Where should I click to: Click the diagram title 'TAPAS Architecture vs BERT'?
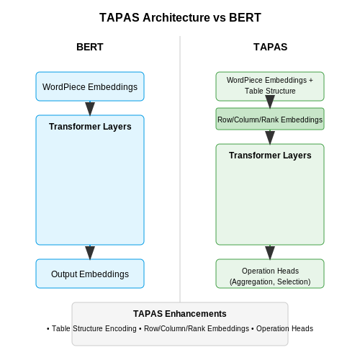click(180, 17)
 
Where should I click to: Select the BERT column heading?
click(90, 47)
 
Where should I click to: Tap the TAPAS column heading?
click(270, 47)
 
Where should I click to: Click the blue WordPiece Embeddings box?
click(90, 86)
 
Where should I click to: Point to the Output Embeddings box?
click(90, 274)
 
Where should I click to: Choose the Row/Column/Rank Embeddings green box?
click(270, 119)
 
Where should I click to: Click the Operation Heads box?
click(270, 274)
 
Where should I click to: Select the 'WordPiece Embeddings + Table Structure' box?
click(270, 86)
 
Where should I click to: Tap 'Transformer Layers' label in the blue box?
click(90, 127)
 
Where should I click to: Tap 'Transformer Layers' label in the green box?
click(270, 156)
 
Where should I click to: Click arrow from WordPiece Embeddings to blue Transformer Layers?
click(90, 109)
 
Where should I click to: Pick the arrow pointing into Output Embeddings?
click(90, 253)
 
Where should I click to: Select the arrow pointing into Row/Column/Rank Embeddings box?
click(270, 102)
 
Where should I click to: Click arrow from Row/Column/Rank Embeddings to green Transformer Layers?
click(270, 138)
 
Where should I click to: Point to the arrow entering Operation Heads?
click(270, 253)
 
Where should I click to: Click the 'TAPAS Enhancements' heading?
click(180, 314)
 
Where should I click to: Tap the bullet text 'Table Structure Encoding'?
click(94, 328)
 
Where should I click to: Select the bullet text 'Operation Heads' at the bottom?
click(284, 328)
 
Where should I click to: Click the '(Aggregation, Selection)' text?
click(270, 282)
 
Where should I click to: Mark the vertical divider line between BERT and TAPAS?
click(180, 169)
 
